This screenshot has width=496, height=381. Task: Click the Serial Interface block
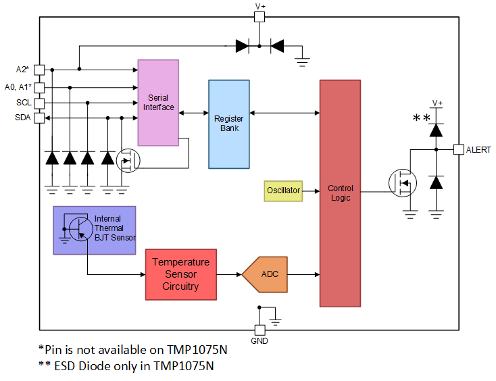tap(158, 103)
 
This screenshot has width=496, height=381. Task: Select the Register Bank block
tap(228, 124)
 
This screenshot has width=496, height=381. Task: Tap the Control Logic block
tap(340, 193)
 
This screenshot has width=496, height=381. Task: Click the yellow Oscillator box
tap(282, 191)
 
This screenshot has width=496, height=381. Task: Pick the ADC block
tap(264, 274)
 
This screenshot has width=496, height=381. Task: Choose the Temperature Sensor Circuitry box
tap(180, 274)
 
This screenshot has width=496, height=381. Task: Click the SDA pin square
tap(39, 118)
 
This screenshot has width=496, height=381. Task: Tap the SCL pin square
tap(39, 103)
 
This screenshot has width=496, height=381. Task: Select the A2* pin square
tap(39, 69)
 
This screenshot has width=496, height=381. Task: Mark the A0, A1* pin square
tap(39, 87)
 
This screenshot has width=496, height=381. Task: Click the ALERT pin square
tap(458, 149)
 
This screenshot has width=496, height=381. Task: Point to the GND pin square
tap(259, 330)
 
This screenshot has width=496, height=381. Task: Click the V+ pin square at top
tap(259, 16)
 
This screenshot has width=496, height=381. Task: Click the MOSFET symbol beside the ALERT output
tap(403, 183)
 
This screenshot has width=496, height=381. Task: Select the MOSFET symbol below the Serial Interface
tap(127, 161)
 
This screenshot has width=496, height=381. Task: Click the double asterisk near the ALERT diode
tap(422, 119)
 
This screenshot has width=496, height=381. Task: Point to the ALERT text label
tap(478, 150)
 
